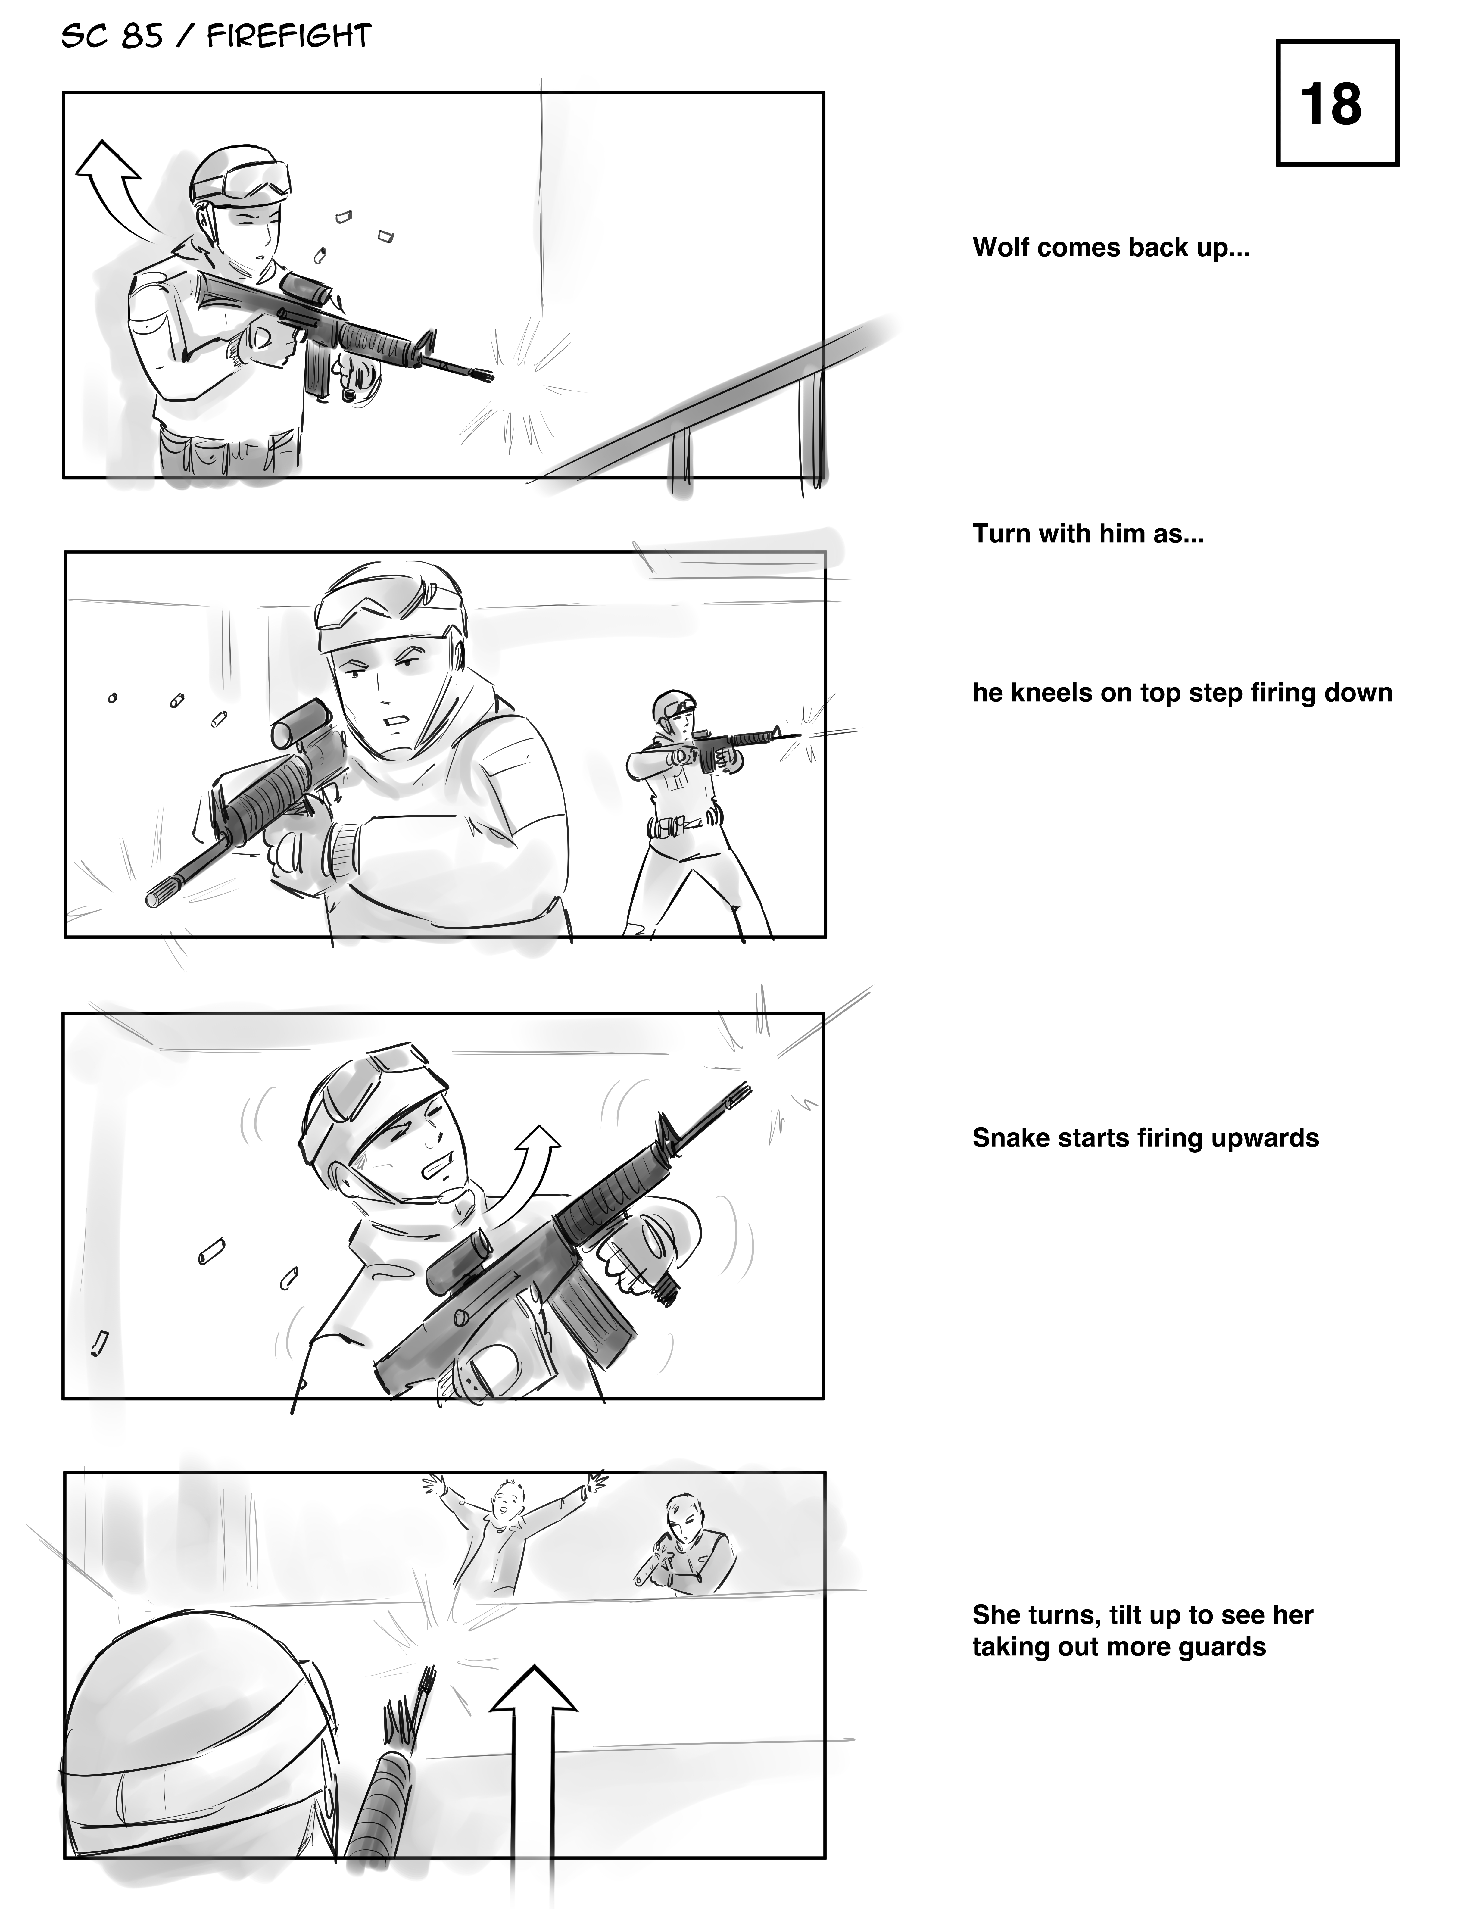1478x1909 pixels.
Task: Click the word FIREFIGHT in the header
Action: click(x=289, y=36)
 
